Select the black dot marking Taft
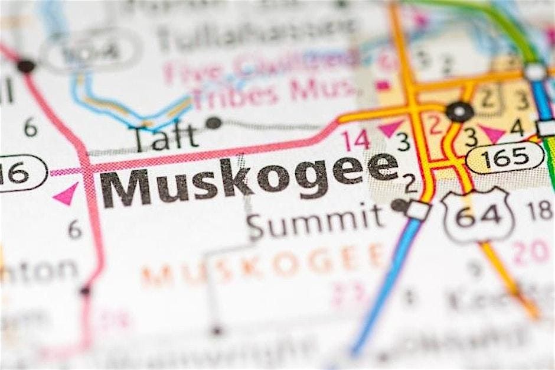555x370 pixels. (x=214, y=123)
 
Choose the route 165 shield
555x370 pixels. (x=505, y=157)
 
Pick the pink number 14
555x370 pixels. (x=355, y=140)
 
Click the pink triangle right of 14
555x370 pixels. (x=390, y=128)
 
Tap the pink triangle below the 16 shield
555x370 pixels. (x=66, y=194)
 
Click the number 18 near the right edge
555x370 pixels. (x=540, y=210)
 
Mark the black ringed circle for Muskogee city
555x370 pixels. (x=459, y=111)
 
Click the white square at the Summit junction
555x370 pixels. (x=419, y=210)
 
